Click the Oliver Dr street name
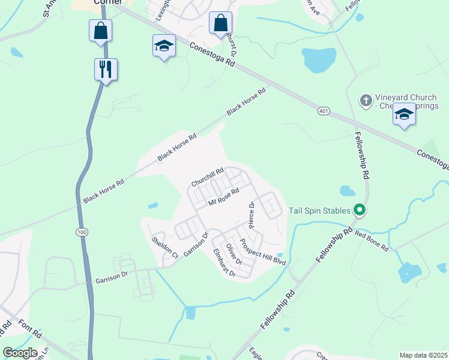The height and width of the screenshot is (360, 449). click(234, 254)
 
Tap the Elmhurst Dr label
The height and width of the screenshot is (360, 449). click(224, 263)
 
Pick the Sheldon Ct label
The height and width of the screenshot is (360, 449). click(164, 248)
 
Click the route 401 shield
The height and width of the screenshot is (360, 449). click(324, 111)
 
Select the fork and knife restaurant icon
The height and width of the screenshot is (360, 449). click(106, 69)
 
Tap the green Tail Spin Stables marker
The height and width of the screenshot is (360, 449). click(360, 210)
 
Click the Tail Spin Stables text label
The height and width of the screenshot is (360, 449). click(319, 211)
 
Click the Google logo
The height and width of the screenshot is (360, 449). click(20, 353)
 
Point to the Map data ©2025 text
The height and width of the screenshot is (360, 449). click(423, 355)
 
